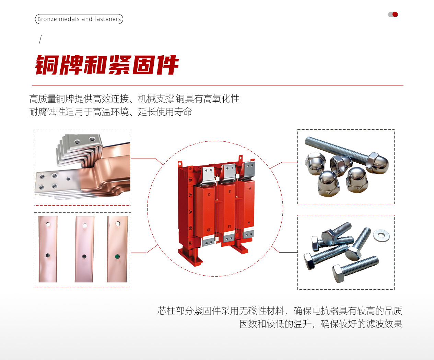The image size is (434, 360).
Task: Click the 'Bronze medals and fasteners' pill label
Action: pos(79,19)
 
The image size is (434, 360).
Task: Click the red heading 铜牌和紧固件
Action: pos(107,65)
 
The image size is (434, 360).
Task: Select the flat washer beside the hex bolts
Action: pos(381,235)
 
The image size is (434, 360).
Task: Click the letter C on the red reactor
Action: pos(209,195)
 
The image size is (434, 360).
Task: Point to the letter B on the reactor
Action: pos(230,191)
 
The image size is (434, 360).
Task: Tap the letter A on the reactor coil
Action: pos(250,188)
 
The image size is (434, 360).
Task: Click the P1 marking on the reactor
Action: pos(229,227)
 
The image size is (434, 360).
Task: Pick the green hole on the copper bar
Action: pos(117,257)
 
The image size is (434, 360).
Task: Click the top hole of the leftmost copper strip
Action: pos(48,224)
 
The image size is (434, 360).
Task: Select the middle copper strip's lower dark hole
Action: pos(84,256)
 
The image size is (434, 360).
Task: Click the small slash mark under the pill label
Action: pos(40,39)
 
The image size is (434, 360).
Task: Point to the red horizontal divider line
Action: pos(218,85)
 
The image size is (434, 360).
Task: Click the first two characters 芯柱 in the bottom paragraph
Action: pos(166,311)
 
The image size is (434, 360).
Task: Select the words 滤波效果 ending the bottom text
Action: pos(384,324)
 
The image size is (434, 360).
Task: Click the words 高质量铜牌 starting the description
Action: pos(52,98)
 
